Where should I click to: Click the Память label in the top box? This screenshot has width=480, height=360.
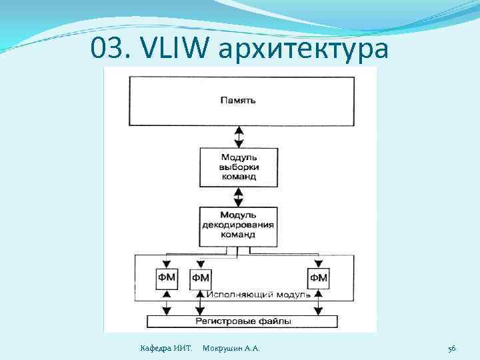pos(238,101)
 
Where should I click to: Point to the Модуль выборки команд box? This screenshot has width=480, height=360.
pos(238,167)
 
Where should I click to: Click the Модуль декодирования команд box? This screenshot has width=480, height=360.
pos(238,225)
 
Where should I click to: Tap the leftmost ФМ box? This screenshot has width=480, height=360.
pos(167,277)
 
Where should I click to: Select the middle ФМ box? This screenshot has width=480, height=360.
pos(200,277)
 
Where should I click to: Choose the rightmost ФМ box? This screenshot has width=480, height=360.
pos(319,277)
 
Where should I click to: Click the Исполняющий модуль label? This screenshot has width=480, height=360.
pos(256,294)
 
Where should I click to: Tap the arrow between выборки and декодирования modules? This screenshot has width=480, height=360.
pos(238,196)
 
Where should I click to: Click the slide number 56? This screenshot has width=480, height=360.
pos(451,348)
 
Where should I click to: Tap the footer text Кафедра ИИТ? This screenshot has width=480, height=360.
pos(165,348)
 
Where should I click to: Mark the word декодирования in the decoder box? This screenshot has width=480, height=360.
pos(238,225)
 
